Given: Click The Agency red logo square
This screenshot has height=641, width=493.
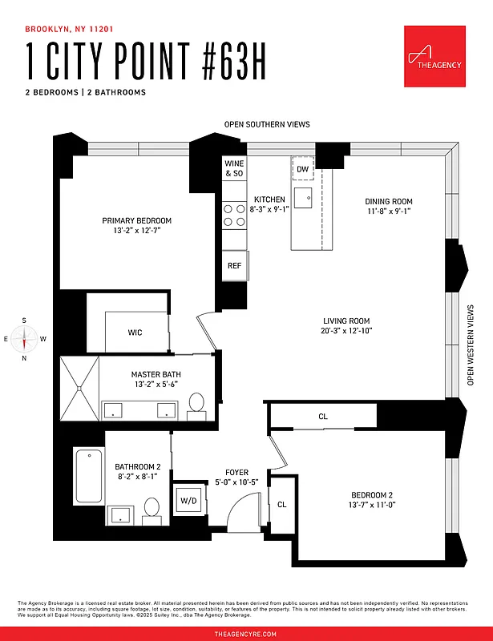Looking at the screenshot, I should coord(435,56).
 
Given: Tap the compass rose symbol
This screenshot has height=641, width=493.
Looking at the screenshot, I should coord(24,338).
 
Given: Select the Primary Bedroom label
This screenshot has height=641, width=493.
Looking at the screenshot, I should coord(136,221).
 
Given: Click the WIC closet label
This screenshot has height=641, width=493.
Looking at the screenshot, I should coord(135,333).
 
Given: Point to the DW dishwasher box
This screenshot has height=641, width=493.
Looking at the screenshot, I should coord(302,170).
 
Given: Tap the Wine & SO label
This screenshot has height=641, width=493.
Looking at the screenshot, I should coord(234,168).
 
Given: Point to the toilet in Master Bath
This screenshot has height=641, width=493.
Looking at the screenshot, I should coord(196,407).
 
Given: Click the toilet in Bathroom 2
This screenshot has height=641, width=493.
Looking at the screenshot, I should coord(152,509).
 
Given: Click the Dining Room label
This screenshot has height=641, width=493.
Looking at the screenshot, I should coord(388,202).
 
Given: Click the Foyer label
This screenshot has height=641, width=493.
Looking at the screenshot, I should coord(235,473).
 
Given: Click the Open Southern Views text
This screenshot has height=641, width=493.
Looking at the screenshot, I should coord(266,125).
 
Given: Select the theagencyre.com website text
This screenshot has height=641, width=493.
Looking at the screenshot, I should coord(246,634).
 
